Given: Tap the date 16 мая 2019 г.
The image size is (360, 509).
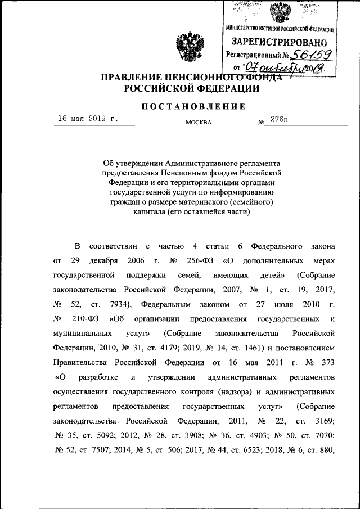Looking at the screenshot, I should [x=89, y=119].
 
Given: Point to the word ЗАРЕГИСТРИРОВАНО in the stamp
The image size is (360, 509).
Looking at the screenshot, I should [x=279, y=42].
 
